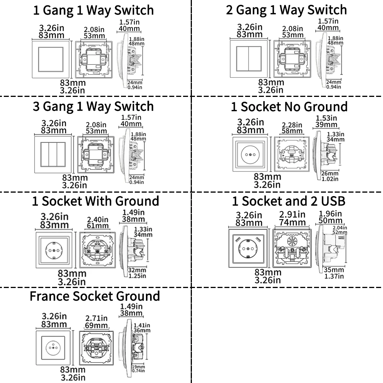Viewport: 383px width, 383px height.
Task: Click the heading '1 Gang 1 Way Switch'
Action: coord(93,10)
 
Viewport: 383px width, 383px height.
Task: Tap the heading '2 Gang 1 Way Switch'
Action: coord(286,10)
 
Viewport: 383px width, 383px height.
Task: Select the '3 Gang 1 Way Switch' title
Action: coord(93,106)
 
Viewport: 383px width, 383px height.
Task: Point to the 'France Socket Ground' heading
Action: coord(95,296)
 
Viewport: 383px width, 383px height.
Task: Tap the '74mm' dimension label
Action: coord(292,223)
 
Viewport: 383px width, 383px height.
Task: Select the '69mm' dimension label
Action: coord(97,326)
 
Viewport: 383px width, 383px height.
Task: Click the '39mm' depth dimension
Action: coord(326,125)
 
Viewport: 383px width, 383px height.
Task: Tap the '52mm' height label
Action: coord(340,232)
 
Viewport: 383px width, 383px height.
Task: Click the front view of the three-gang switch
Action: coord(53,153)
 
